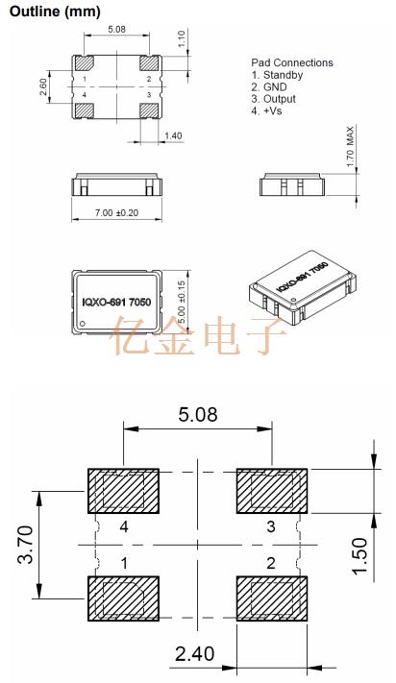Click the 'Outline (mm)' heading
(x=56, y=12)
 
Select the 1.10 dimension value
(x=182, y=38)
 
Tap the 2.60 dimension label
(x=43, y=87)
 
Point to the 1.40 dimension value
(x=173, y=135)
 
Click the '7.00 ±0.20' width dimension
(x=116, y=212)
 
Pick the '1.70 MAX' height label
(x=351, y=147)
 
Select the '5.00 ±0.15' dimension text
(x=182, y=302)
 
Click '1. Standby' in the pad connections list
(x=277, y=75)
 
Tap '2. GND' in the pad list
(x=269, y=87)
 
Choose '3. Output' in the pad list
(x=274, y=99)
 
